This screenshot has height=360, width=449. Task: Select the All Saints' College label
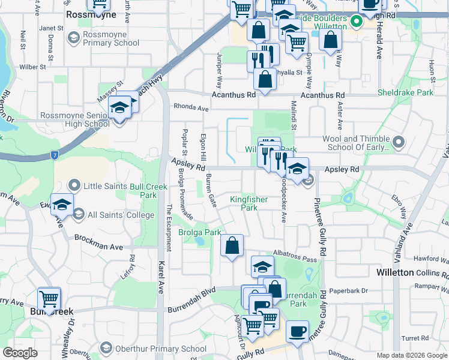[x=121, y=215]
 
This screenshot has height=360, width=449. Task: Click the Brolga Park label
[x=200, y=232]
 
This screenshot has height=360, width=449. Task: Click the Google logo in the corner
[x=20, y=353]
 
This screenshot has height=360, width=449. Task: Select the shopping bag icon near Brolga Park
[x=232, y=245]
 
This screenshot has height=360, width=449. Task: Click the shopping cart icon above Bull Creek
[x=49, y=298]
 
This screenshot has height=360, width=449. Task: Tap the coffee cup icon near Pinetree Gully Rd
[x=297, y=331]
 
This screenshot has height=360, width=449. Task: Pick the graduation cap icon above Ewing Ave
[x=62, y=205]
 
